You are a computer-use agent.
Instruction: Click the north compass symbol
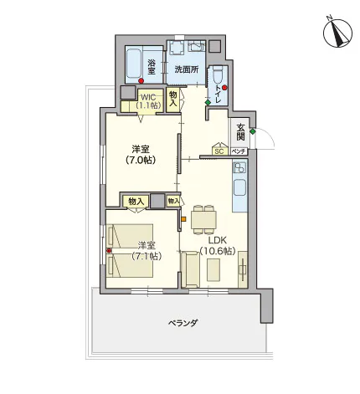pyautogui.click(x=337, y=33)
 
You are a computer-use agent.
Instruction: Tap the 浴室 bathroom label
pyautogui.click(x=152, y=66)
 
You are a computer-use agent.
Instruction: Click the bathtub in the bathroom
pyautogui.click(x=135, y=64)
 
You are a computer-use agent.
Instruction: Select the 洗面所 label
pyautogui.click(x=187, y=69)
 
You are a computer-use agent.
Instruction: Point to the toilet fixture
pyautogui.click(x=218, y=74)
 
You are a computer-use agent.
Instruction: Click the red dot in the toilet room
pyautogui.click(x=224, y=88)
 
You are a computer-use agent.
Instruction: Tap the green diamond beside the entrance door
pyautogui.click(x=252, y=131)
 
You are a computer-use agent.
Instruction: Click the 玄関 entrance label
pyautogui.click(x=240, y=132)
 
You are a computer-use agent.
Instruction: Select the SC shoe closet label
pyautogui.click(x=219, y=151)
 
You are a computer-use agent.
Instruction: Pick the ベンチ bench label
pyautogui.click(x=239, y=151)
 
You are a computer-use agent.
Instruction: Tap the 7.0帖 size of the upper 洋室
pyautogui.click(x=141, y=160)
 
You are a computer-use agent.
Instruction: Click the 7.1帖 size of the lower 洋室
pyautogui.click(x=147, y=256)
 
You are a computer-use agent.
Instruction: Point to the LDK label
pyautogui.click(x=218, y=240)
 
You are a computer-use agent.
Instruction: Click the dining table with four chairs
pyautogui.click(x=203, y=220)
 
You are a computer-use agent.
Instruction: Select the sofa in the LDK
pyautogui.click(x=190, y=269)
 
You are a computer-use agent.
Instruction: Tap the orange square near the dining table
pyautogui.click(x=183, y=219)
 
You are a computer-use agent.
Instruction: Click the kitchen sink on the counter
pyautogui.click(x=239, y=187)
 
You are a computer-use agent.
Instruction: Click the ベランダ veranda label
pyautogui.click(x=183, y=323)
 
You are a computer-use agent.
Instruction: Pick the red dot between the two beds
pyautogui.click(x=109, y=251)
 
